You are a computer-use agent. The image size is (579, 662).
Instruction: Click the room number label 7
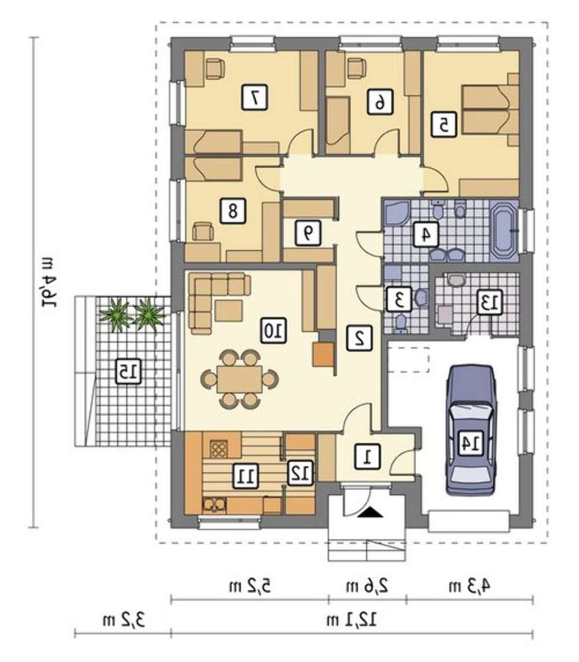coord(254,97)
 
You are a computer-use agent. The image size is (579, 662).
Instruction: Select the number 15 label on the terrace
coord(128,371)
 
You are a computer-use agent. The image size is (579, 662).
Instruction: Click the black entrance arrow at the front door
coord(370,512)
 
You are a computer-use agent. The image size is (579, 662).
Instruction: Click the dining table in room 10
coord(240,379)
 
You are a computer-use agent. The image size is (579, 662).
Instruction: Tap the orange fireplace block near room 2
coord(323,354)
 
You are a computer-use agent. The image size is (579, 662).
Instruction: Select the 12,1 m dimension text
coord(352,620)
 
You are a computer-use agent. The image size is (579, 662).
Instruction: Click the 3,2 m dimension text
coord(123,620)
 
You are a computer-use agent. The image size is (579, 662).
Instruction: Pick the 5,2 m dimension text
coord(250,586)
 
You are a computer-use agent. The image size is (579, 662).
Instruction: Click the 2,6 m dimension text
coord(367,586)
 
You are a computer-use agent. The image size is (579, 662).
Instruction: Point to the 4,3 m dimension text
coord(469,586)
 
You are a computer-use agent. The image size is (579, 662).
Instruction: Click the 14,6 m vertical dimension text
coord(50,281)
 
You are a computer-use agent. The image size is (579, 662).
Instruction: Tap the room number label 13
coord(490,301)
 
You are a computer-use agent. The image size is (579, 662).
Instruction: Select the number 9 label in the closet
coord(308,232)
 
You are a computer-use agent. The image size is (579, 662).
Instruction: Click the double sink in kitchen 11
coord(215,505)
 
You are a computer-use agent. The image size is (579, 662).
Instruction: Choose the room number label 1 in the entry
coord(367,456)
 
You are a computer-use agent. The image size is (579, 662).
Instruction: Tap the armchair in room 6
coord(356,68)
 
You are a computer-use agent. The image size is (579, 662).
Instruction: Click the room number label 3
coord(398,299)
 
